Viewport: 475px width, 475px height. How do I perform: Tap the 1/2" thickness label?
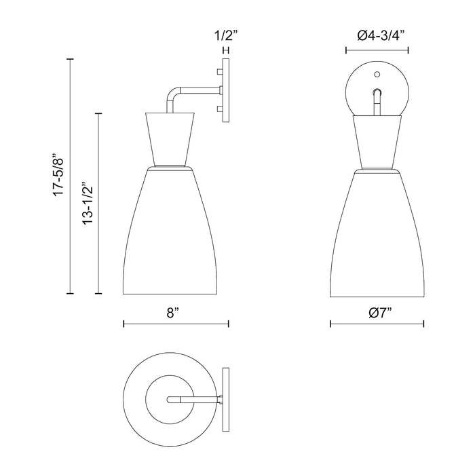pyautogui.click(x=224, y=35)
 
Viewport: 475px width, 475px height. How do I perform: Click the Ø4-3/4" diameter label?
pyautogui.click(x=377, y=36)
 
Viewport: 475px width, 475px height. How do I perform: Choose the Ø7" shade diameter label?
pyautogui.click(x=377, y=313)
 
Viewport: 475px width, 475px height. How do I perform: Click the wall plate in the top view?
pyautogui.click(x=226, y=400)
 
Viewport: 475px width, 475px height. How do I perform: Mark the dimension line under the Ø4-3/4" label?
pyautogui.click(x=377, y=50)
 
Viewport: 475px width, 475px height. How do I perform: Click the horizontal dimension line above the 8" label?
pyautogui.click(x=176, y=324)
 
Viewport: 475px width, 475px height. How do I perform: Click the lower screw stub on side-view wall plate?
pyautogui.click(x=218, y=109)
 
